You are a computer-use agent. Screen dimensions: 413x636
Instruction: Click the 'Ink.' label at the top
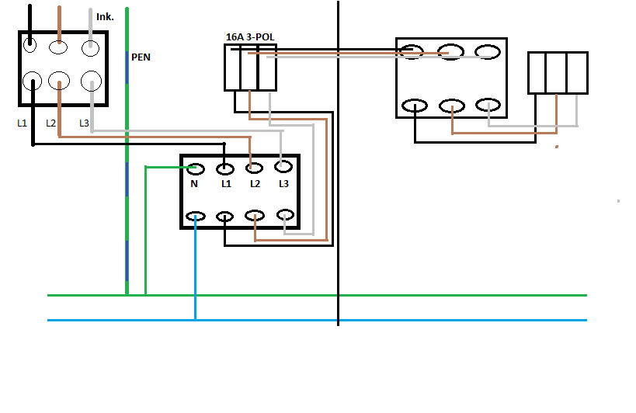coord(105,16)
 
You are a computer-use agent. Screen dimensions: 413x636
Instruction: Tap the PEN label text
coord(141,57)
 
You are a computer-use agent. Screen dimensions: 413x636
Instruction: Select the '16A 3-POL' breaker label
coord(249,36)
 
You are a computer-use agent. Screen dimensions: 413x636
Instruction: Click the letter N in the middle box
coord(194,184)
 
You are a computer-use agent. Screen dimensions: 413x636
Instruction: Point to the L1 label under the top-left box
coord(22,123)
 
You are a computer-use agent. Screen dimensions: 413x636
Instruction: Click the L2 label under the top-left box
coord(51,123)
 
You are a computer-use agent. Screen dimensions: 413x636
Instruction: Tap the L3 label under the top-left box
coord(84,123)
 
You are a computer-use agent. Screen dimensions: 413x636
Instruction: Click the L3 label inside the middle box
coord(283,184)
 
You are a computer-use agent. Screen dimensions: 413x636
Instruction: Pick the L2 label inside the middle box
coord(254,184)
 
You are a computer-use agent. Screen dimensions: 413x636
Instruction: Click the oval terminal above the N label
coord(195,168)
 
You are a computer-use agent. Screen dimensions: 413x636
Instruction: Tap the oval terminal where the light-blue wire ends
coord(195,217)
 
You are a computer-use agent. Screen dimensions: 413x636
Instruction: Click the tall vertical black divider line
coord(339,233)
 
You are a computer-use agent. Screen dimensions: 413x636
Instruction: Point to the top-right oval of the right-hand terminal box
coord(487,52)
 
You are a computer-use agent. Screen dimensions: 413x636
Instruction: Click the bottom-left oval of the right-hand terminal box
coord(415,106)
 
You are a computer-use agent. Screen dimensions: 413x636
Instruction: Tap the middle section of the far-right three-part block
coord(557,72)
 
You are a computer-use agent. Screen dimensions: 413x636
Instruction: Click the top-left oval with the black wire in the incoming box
coord(30,45)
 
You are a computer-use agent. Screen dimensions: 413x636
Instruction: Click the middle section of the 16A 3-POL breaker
coord(250,68)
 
